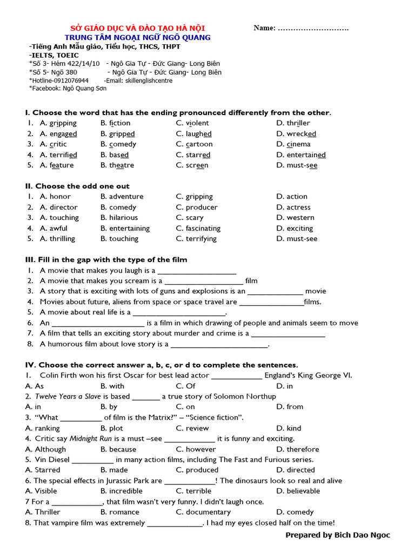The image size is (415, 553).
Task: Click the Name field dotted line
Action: (x=313, y=28)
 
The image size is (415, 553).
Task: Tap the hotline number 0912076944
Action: (x=69, y=80)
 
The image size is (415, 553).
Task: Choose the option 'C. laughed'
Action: (x=193, y=134)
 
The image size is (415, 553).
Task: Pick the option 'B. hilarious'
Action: (x=119, y=218)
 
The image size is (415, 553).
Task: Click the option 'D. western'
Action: (x=295, y=218)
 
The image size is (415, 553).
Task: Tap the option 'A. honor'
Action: (x=55, y=197)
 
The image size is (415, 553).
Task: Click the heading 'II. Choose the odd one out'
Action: (x=77, y=186)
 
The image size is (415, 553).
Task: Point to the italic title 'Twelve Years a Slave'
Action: (x=68, y=396)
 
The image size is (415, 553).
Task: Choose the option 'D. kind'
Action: (x=289, y=428)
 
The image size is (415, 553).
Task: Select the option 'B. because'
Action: (x=118, y=449)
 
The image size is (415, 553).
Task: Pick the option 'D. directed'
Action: (x=295, y=470)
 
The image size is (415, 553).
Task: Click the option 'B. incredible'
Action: (x=122, y=491)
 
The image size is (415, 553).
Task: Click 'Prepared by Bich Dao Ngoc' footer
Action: (x=337, y=535)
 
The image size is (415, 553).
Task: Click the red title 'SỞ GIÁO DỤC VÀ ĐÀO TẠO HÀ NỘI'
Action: (x=139, y=28)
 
